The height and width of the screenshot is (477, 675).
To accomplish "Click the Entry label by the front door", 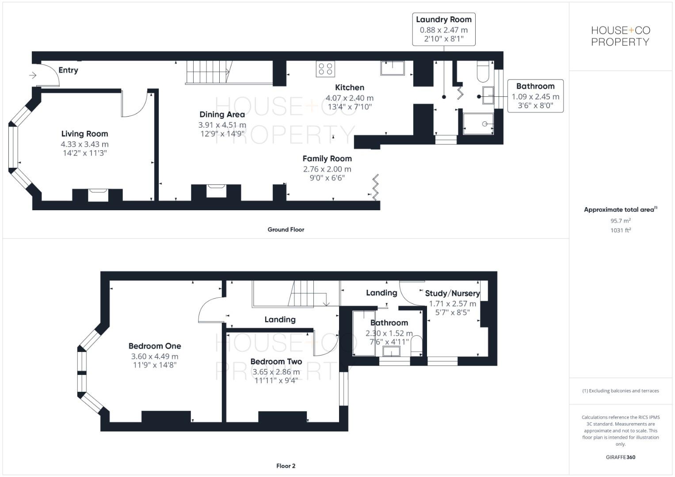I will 68,70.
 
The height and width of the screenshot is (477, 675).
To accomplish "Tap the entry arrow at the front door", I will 32,76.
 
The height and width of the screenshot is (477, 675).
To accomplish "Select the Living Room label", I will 84,134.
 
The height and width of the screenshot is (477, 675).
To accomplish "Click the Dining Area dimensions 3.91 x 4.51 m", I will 222,125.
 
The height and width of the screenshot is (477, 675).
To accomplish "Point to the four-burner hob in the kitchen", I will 325,69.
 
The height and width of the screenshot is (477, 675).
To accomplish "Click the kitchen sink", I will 392,68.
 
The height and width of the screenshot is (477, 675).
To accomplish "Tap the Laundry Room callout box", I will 443,29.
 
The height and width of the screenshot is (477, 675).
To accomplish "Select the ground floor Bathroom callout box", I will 535,96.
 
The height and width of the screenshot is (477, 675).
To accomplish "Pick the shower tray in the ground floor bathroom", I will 478,124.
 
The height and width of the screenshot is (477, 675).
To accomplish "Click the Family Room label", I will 327,159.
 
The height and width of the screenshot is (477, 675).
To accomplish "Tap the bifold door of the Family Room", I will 375,187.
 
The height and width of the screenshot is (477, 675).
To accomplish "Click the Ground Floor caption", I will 286,230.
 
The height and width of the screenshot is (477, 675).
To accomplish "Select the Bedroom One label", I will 155,346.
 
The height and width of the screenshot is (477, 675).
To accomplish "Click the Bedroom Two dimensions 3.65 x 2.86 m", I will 276,372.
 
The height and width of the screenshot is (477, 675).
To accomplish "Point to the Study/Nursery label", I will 452,293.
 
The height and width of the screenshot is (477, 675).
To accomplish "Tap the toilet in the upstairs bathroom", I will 416,345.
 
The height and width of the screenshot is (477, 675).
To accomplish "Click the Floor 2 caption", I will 286,466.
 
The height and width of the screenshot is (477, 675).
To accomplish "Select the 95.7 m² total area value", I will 620,221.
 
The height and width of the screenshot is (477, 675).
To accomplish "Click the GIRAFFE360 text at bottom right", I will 620,458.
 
